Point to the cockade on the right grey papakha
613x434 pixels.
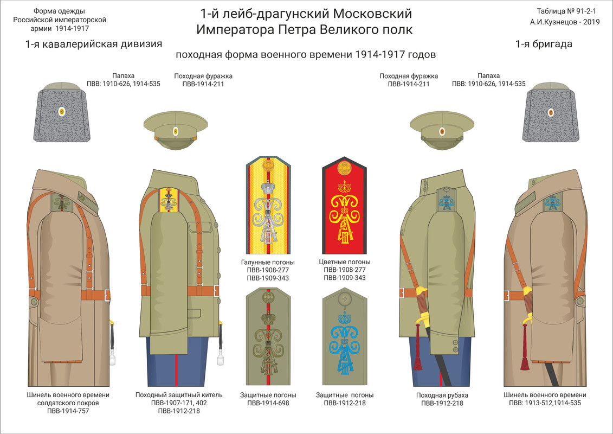[551, 112]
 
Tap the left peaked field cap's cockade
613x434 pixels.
[175, 131]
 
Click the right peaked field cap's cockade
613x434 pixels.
[441, 131]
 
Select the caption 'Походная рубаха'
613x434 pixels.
[442, 395]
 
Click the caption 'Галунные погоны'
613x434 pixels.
[268, 262]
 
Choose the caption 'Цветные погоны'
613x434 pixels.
[345, 262]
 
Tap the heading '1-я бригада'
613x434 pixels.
[544, 44]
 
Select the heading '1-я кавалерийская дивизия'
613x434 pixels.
[94, 44]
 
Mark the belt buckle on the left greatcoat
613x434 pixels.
[107, 295]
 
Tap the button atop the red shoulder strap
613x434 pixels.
[345, 169]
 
